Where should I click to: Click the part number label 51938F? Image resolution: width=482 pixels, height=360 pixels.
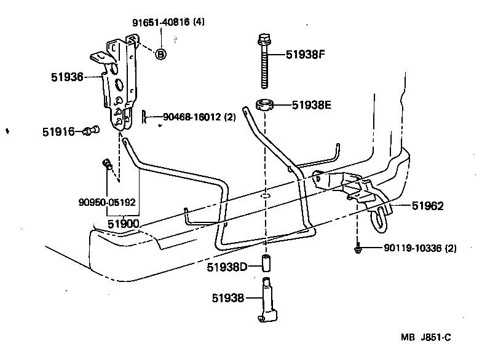point(305,54)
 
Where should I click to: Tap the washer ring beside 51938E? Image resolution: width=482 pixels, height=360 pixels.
point(266,104)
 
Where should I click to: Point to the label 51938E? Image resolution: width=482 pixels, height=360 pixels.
point(312,105)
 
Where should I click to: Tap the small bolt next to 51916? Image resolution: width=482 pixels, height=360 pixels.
point(92,130)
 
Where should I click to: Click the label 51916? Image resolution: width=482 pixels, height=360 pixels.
point(58,131)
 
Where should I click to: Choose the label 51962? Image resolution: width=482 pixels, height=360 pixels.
point(423,206)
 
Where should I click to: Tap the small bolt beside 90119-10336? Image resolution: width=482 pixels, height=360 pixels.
point(357,248)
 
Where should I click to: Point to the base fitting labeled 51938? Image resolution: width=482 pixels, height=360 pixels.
point(267,301)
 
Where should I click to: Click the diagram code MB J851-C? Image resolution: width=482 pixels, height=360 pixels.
point(426,337)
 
